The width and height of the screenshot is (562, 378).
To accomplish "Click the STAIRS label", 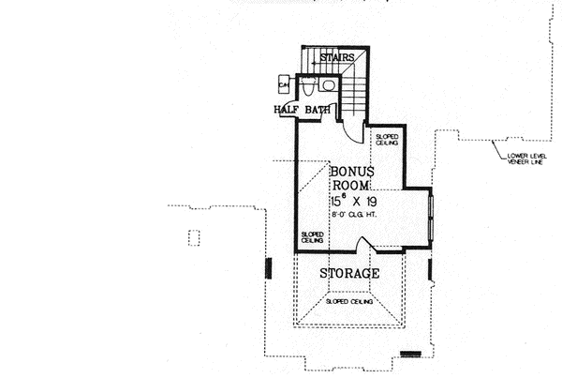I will pos(338,58).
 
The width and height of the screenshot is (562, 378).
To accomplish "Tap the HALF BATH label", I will pos(303,110).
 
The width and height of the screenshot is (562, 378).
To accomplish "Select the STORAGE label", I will pos(349,274).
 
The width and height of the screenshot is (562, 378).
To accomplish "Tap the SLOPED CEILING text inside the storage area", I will pos(349,302).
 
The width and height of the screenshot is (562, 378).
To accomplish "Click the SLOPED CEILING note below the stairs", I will pos(387,141).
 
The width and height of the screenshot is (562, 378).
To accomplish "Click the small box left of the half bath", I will pos(284,85).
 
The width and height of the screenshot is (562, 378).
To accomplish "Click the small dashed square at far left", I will pos(193,237).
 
